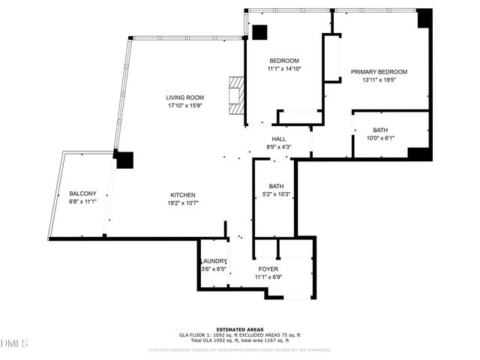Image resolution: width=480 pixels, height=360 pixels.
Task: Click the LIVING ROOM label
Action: [185, 97]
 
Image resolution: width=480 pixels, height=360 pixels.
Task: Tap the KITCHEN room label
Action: [183, 193]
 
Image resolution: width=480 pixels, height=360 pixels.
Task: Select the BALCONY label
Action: [83, 193]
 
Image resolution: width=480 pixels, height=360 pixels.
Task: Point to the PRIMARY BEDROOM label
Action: [378, 72]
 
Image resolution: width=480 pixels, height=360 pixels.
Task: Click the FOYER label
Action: [268, 268]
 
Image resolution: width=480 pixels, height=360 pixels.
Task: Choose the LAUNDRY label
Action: [214, 261]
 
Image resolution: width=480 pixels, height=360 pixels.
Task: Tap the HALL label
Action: [279, 139]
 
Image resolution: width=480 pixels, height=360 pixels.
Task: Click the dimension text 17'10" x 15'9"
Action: [185, 106]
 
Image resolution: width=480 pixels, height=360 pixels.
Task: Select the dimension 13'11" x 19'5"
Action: [378, 80]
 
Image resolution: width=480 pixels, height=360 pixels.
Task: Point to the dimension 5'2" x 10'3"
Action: [277, 194]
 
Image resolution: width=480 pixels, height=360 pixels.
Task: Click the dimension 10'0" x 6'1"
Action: [380, 138]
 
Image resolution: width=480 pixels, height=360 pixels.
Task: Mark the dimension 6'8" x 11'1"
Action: [83, 202]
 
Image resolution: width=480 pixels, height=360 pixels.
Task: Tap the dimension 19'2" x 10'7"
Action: [183, 202]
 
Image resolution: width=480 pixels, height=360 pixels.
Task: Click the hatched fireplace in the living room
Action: [237, 96]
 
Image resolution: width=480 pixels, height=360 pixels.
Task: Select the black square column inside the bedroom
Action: [259, 33]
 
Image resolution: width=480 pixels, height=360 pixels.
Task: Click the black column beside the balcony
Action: [124, 160]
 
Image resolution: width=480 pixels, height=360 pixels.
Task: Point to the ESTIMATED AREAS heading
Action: [239, 329]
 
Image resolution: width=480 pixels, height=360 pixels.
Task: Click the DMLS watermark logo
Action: [14, 343]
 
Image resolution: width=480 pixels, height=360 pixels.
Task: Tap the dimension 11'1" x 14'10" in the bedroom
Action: [284, 69]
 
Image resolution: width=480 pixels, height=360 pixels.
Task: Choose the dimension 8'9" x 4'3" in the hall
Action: [279, 147]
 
